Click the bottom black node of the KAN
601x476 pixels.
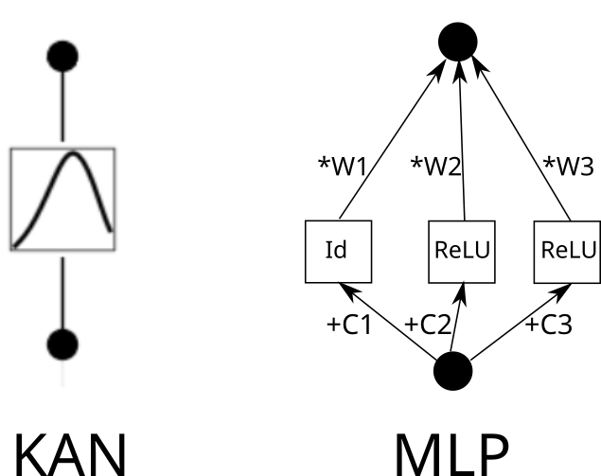(x=63, y=342)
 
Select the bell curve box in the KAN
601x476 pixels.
(x=62, y=198)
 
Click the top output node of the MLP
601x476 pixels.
(x=458, y=40)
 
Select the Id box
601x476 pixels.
(x=336, y=251)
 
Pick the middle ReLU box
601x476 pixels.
(x=462, y=251)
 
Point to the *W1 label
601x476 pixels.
(x=342, y=166)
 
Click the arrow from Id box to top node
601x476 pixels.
(x=393, y=142)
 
